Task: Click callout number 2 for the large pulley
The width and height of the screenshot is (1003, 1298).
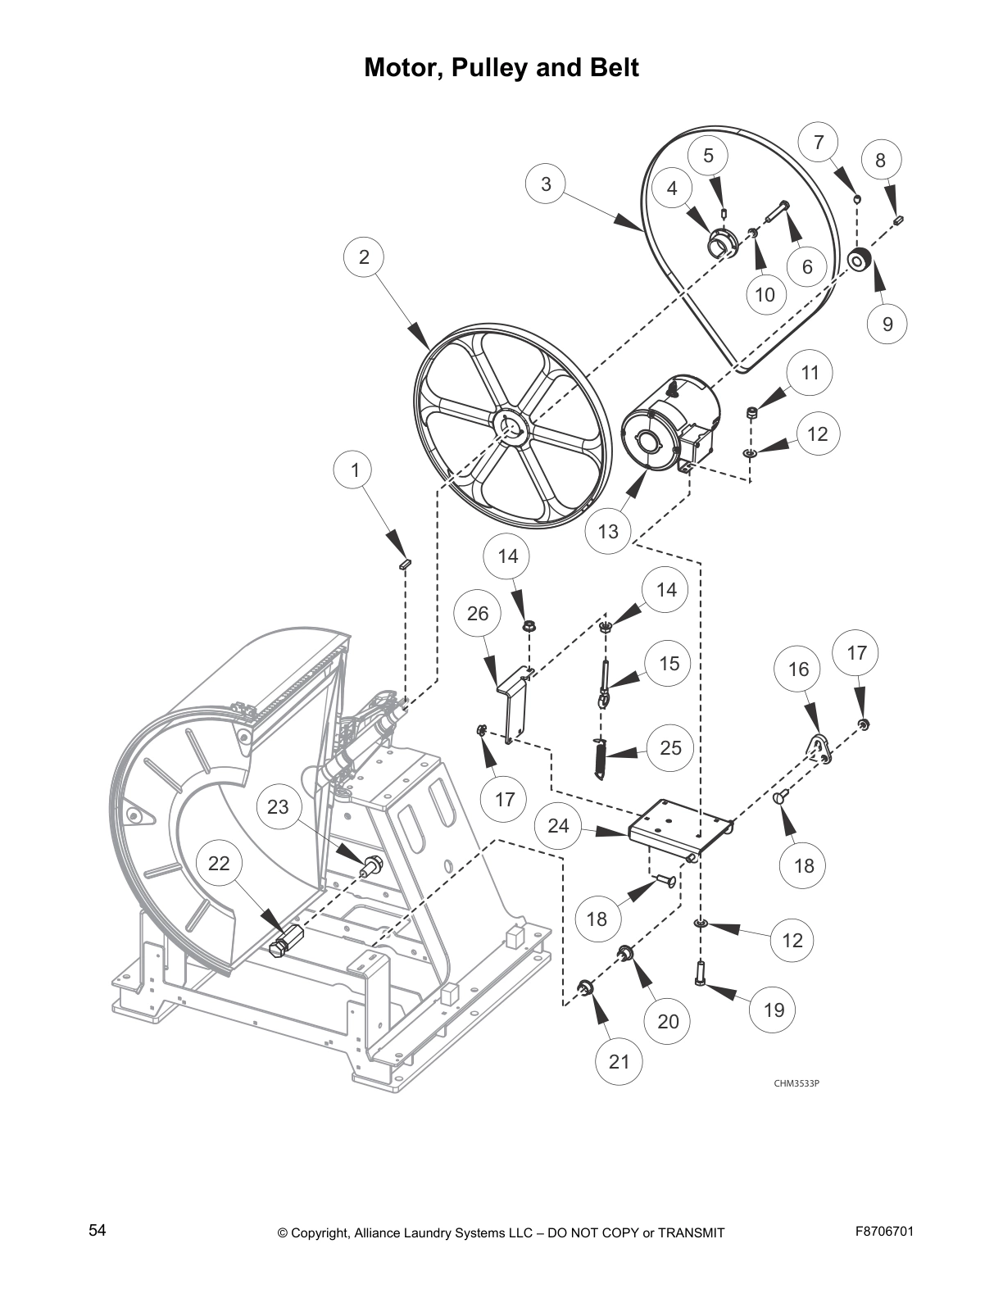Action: pos(364,257)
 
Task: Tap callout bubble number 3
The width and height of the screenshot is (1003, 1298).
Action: pos(547,184)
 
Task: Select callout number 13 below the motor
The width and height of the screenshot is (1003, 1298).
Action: pos(608,531)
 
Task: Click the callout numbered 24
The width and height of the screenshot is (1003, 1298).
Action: pos(558,825)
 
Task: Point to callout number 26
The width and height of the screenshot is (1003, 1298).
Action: pos(478,614)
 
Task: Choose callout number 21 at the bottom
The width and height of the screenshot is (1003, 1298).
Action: pos(619,1061)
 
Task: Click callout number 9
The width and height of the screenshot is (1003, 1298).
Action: pos(888,324)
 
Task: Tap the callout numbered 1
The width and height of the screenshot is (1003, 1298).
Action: pos(355,470)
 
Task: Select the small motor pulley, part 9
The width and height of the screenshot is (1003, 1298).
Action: pos(860,261)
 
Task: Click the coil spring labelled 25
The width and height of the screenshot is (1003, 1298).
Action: pos(600,759)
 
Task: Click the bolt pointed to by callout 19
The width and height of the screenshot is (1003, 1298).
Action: pos(701,973)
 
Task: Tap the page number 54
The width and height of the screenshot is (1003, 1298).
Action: pos(98,1230)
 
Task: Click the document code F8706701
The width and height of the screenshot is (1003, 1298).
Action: pos(883,1231)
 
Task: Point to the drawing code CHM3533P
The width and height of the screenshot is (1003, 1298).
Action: pos(796,1083)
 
